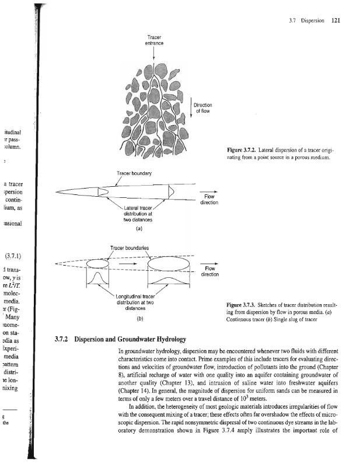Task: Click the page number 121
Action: point(335,22)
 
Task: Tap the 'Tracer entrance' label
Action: point(153,41)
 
